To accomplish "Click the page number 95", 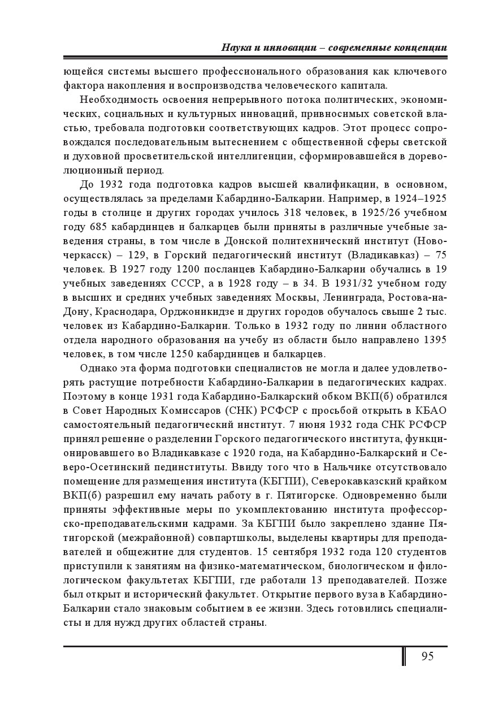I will tap(427, 656).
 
